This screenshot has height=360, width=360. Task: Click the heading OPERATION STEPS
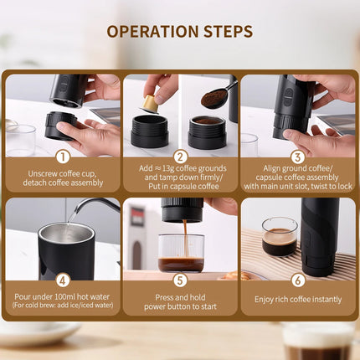[x=179, y=32]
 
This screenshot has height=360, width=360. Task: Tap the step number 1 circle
[x=62, y=156]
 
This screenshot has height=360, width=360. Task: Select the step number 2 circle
[x=180, y=156]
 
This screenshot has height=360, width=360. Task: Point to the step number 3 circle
[x=297, y=156]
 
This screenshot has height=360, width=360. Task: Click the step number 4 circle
[x=62, y=280]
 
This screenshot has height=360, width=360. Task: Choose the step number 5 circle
[x=180, y=280]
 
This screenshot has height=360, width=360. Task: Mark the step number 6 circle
[x=297, y=280]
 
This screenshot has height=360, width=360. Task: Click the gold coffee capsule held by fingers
[x=150, y=104]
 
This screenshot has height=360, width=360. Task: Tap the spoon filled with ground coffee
[x=215, y=98]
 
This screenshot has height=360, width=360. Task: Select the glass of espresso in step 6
[x=280, y=236]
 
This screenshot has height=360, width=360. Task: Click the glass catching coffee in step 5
[x=181, y=253]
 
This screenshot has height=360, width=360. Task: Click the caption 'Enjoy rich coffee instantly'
[x=297, y=299]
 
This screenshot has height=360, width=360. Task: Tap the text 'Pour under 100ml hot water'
[x=62, y=296]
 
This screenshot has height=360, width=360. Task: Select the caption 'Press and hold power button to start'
[x=180, y=301]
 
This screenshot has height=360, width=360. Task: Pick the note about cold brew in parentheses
[x=62, y=306]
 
